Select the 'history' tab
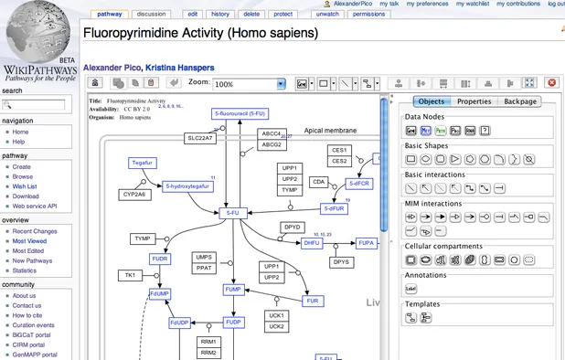click(x=219, y=15)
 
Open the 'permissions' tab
click(x=368, y=15)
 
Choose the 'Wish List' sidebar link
click(x=26, y=185)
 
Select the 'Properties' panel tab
click(x=474, y=101)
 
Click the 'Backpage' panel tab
click(x=520, y=101)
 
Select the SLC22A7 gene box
click(x=200, y=138)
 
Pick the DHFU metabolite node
click(x=313, y=242)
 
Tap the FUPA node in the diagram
click(x=366, y=242)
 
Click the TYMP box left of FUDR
click(x=142, y=238)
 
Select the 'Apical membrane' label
click(x=330, y=131)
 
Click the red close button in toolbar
click(x=551, y=83)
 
